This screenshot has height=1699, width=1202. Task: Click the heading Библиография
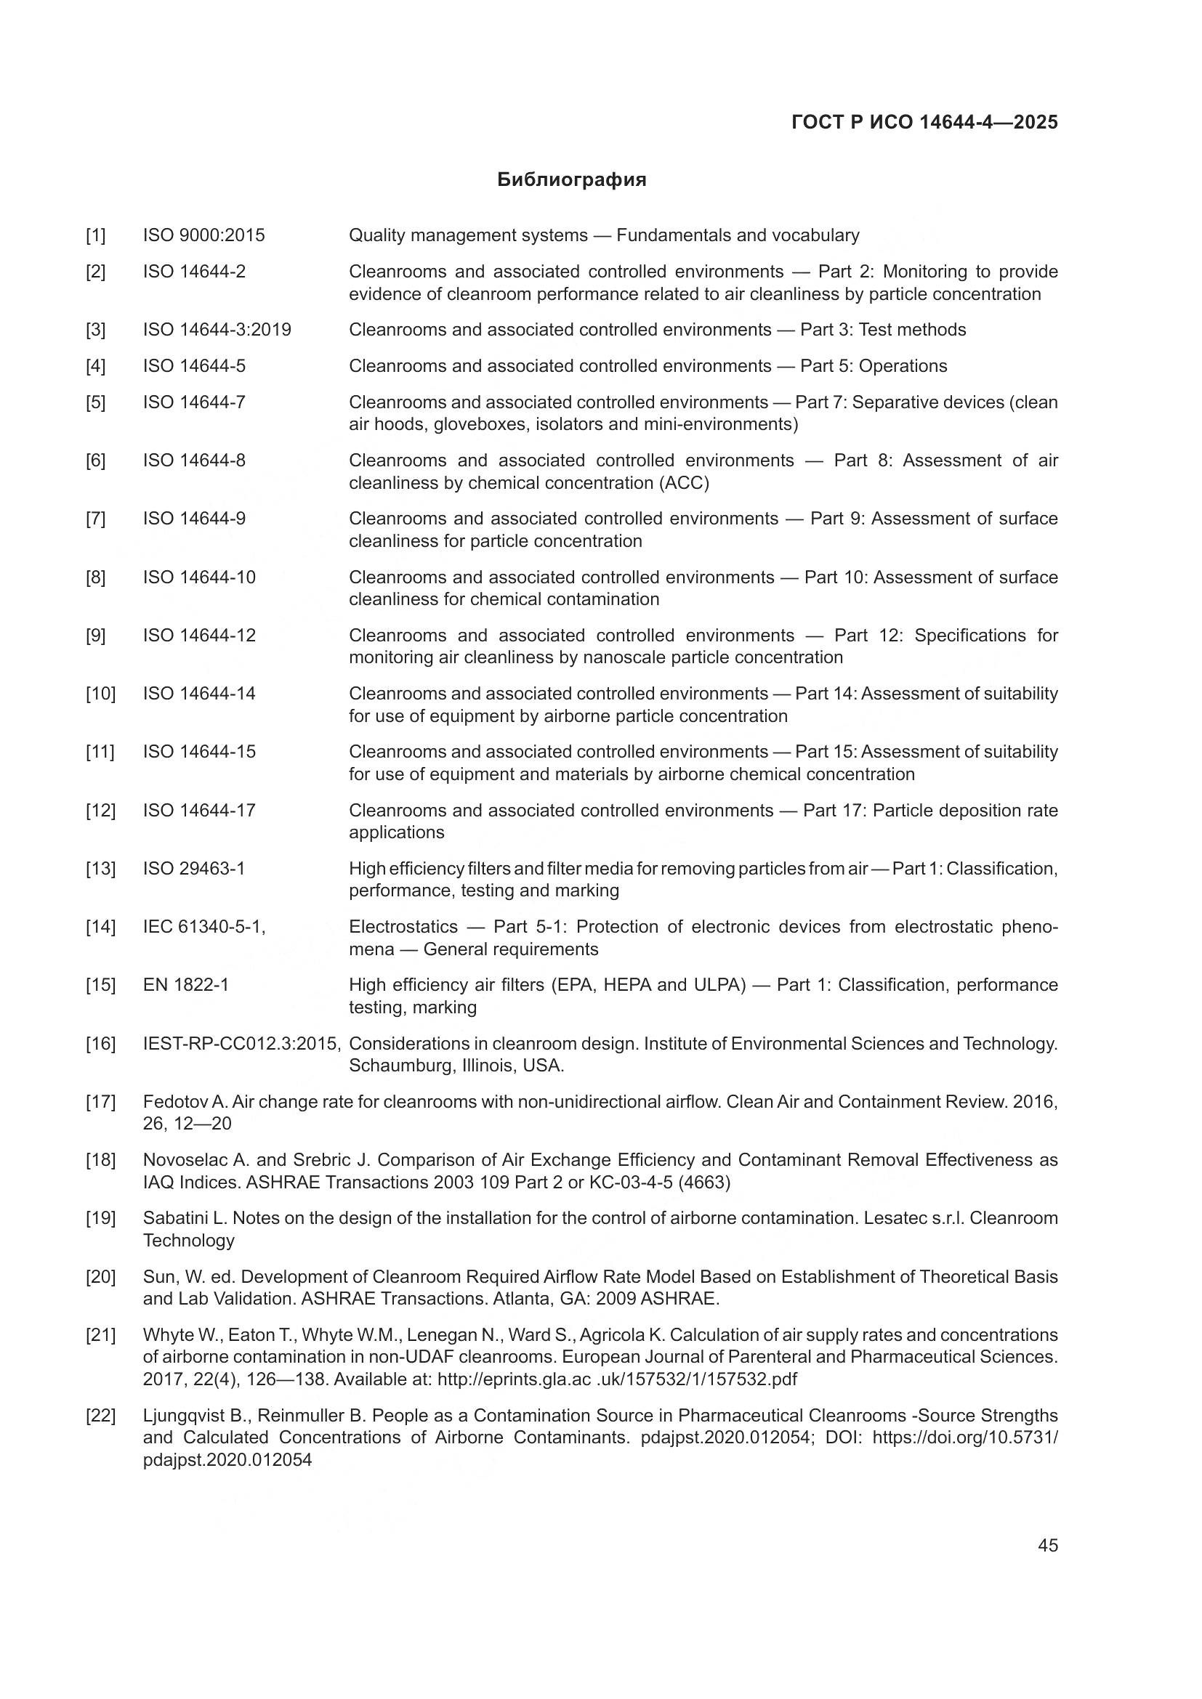tap(571, 180)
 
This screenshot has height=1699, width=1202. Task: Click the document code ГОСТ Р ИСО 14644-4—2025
tap(924, 123)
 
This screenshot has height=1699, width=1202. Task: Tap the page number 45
tap(1047, 1545)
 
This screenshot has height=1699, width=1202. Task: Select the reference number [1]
tap(95, 236)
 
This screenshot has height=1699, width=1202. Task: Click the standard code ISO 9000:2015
tap(203, 236)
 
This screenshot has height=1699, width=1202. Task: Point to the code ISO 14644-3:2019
tap(217, 330)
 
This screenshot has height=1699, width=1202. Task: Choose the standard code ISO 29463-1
tap(193, 869)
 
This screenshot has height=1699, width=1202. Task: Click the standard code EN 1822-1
tap(185, 985)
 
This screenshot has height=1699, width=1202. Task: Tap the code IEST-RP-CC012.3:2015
tap(241, 1044)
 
